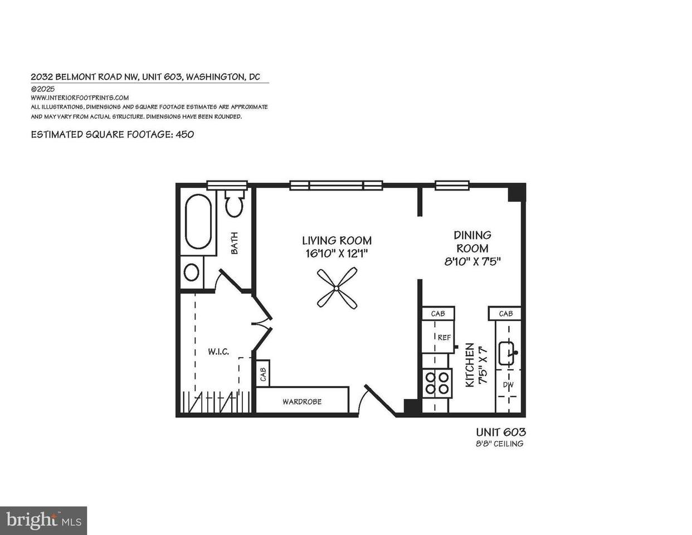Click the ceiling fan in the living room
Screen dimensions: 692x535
coord(337,288)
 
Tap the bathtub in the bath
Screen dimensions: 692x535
coord(198,221)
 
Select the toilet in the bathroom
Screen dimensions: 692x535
coord(235,203)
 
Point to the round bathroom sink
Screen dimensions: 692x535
coord(192,273)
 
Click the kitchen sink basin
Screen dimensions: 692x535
coord(508,353)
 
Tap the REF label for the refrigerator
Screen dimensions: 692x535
coord(444,338)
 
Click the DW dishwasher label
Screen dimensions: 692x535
coord(508,385)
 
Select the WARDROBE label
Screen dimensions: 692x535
coord(302,402)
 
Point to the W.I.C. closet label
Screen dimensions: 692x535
coord(218,352)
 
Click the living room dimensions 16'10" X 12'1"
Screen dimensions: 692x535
coord(337,254)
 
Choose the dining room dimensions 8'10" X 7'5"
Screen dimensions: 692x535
coord(472,261)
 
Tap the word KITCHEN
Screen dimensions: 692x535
coord(470,365)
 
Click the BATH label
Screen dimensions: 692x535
coord(235,244)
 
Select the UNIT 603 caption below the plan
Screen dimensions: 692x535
coord(501,432)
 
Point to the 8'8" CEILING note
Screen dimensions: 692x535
coord(499,444)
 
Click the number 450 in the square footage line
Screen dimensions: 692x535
coord(185,134)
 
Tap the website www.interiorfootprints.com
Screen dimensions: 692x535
coord(80,98)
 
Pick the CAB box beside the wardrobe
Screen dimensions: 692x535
coord(263,373)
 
